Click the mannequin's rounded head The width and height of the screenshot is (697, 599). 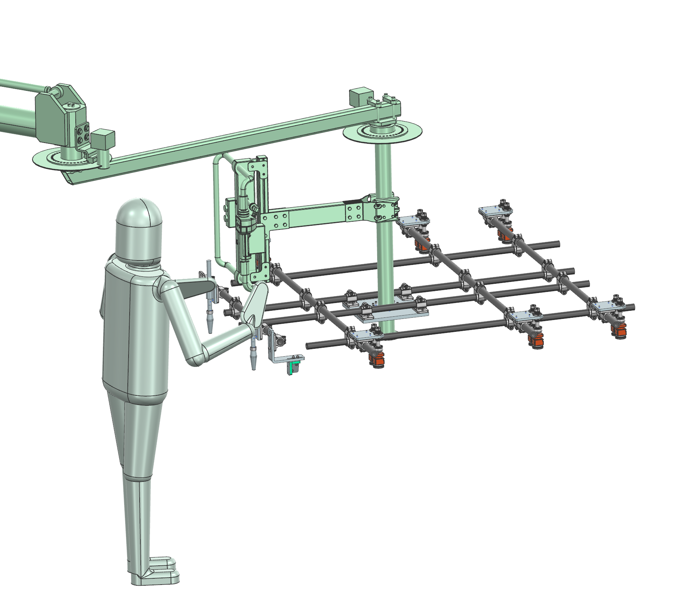pyautogui.click(x=139, y=229)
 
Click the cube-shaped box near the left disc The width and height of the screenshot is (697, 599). pyautogui.click(x=103, y=139)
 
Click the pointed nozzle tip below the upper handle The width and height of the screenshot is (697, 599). pyautogui.click(x=210, y=327)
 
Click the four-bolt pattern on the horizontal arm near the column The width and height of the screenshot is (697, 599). pyautogui.click(x=353, y=213)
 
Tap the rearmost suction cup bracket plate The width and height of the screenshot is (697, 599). pyautogui.click(x=495, y=212)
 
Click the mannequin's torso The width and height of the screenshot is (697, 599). pyautogui.click(x=135, y=329)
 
